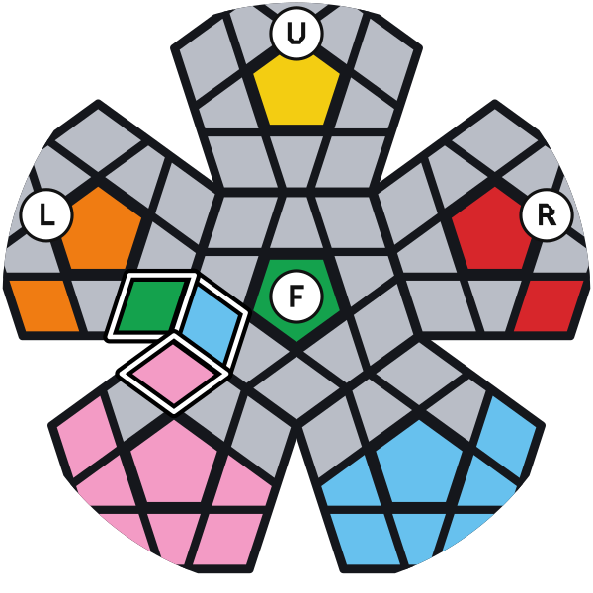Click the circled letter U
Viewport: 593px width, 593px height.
(x=296, y=34)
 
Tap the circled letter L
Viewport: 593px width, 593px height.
(x=46, y=215)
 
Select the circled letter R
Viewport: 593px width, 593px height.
(x=546, y=215)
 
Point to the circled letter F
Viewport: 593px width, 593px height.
(x=296, y=296)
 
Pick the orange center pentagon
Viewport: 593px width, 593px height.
(x=100, y=230)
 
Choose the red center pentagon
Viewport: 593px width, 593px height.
(x=492, y=230)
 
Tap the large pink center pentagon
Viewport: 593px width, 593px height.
(x=174, y=465)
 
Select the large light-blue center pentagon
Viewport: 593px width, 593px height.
(x=419, y=465)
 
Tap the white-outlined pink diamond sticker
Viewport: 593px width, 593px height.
(x=173, y=372)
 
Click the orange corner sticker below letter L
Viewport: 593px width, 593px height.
(x=44, y=305)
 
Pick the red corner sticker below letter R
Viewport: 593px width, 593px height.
(x=549, y=305)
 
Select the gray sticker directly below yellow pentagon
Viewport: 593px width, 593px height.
(x=296, y=161)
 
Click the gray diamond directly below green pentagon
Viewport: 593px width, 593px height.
(x=296, y=387)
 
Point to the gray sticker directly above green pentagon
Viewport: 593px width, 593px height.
(x=296, y=223)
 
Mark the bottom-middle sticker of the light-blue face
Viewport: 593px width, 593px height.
(x=419, y=539)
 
